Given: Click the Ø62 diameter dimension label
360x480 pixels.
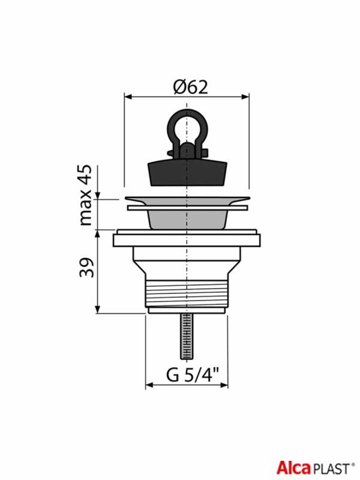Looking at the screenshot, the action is (190, 87).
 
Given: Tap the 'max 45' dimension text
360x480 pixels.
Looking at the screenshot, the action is (85, 196).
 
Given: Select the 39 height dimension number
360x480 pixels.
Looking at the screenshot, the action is (86, 268).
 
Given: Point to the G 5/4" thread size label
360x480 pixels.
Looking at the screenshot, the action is (193, 374).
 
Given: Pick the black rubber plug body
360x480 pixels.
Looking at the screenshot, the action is (187, 173).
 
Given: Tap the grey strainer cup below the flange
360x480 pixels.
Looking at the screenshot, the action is (187, 220).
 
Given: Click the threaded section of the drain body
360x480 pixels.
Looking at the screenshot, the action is (187, 293).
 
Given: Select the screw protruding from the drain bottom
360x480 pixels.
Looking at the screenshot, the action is (187, 336).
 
